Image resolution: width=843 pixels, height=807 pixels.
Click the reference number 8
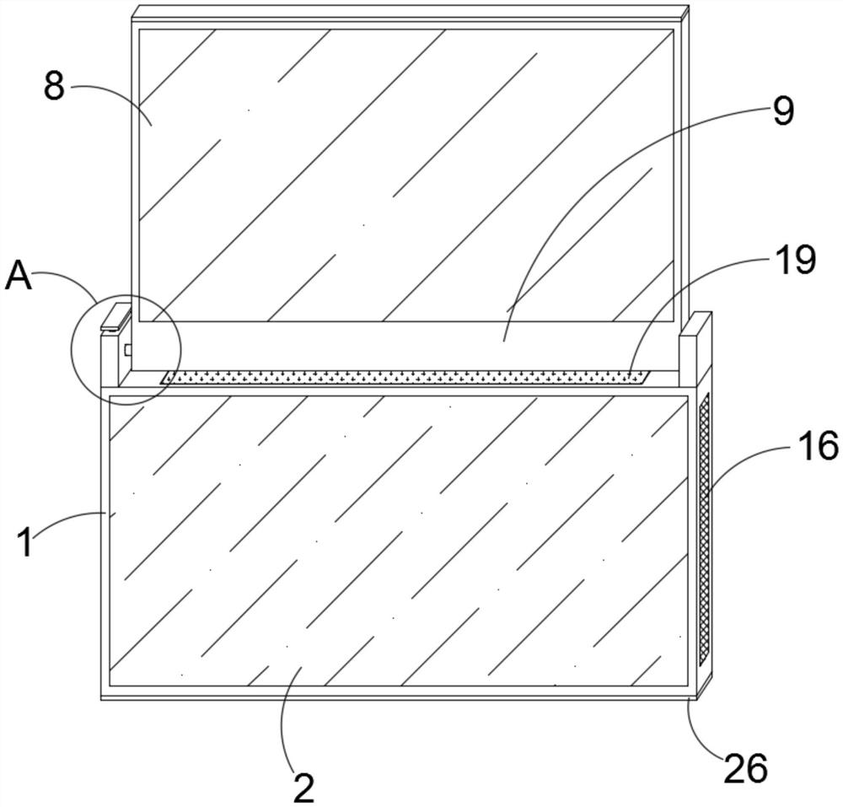coord(55,86)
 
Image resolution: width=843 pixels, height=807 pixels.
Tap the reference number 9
coord(782,111)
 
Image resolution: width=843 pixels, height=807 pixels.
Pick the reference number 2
coord(303,786)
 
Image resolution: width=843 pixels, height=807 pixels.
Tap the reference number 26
coord(746,768)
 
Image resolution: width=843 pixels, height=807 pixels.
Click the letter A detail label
coord(19,277)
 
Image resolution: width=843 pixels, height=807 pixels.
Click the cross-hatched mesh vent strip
coord(706,532)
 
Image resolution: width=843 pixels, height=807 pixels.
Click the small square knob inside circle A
coord(127,348)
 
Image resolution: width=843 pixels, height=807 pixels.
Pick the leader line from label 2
coord(283,717)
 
